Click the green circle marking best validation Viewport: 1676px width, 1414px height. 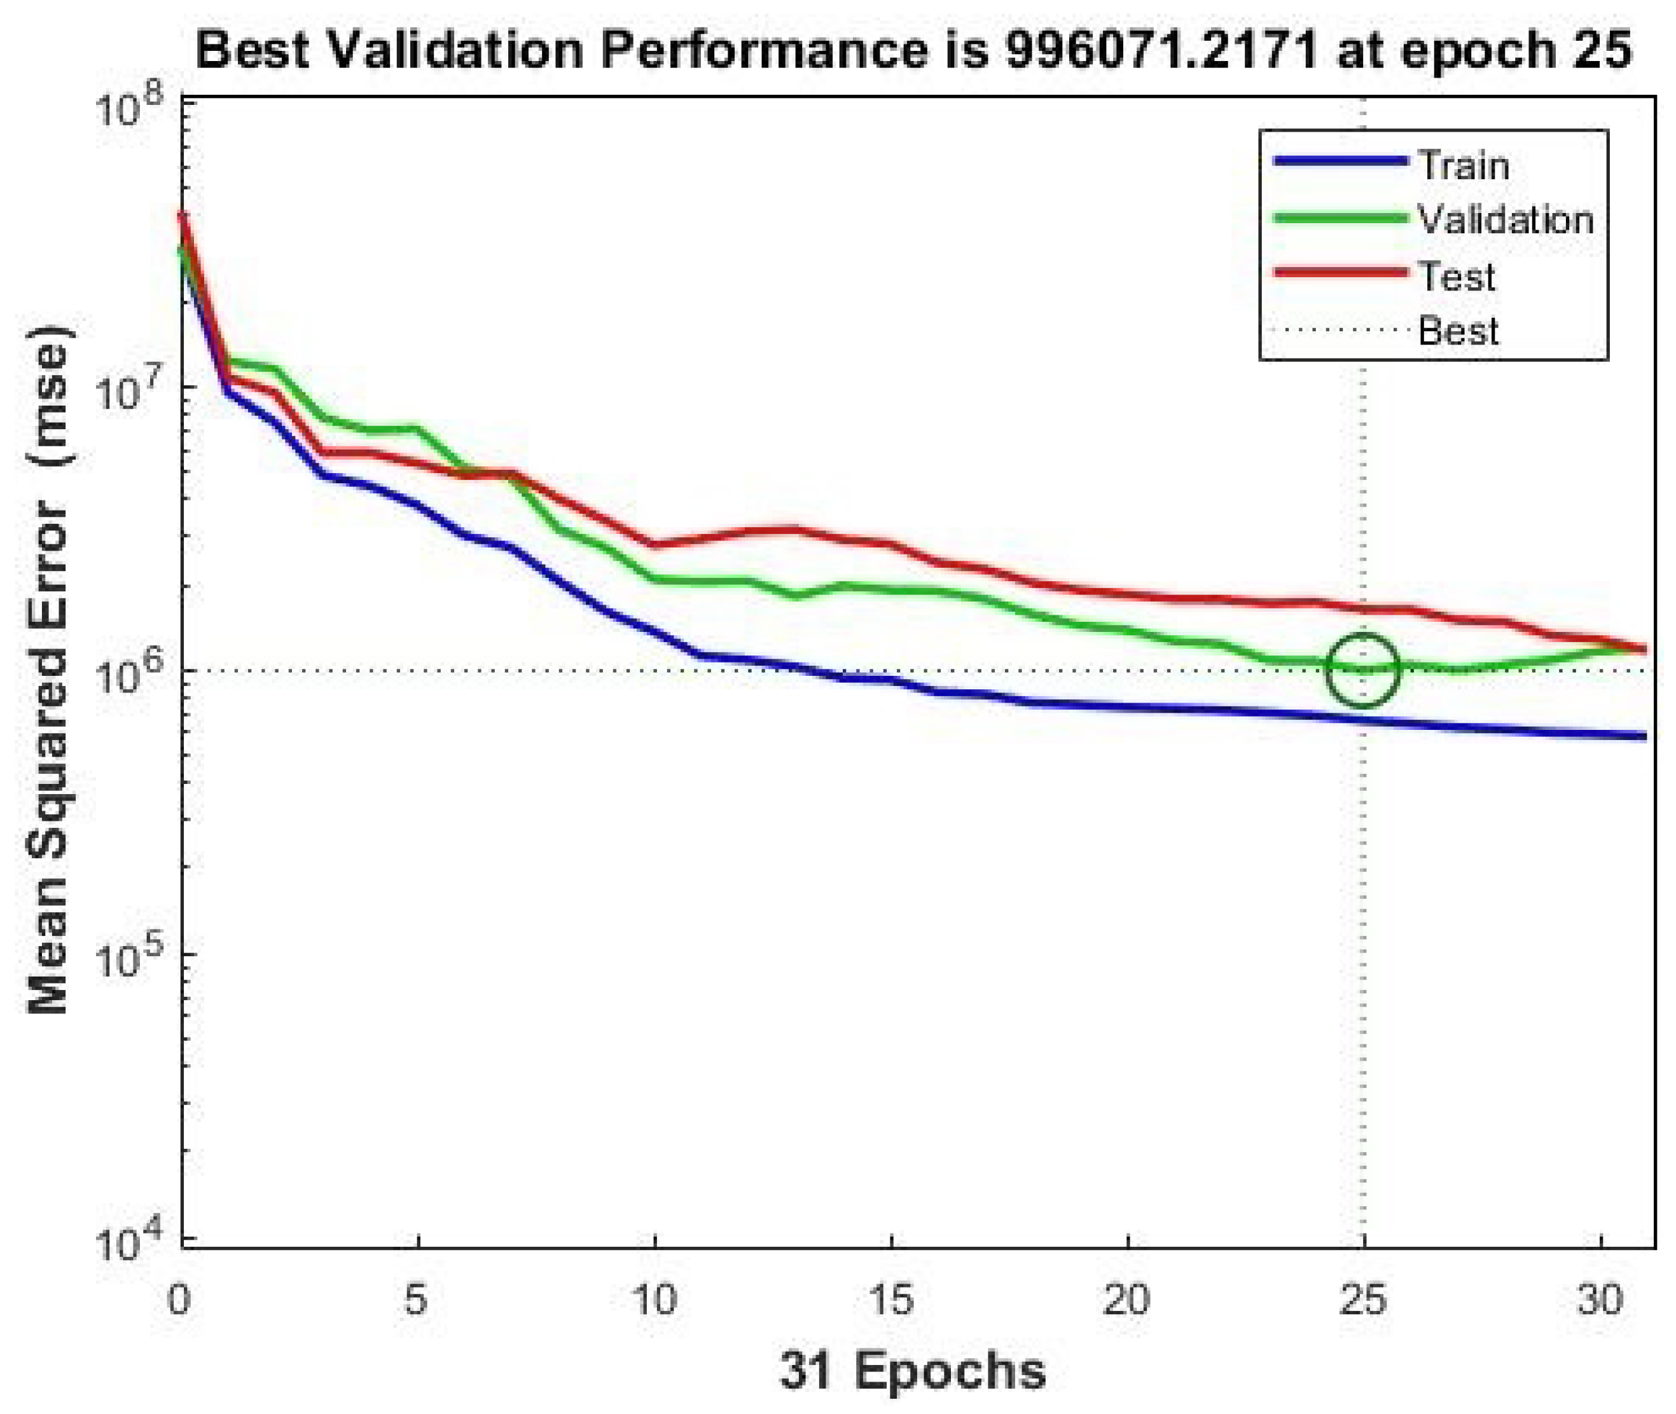[1362, 669]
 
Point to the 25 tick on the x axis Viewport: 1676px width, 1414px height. [1362, 1300]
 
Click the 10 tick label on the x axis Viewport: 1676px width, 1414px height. [655, 1300]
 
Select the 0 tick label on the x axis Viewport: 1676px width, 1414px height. [179, 1300]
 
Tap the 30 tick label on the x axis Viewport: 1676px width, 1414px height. [1600, 1300]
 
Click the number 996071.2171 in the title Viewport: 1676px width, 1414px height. [1161, 50]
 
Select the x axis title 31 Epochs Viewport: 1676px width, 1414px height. [913, 1370]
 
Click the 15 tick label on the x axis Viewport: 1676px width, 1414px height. [890, 1300]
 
